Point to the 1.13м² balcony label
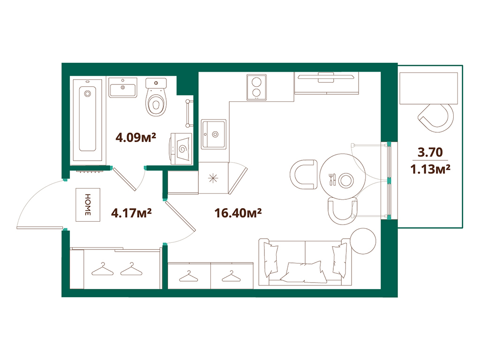point(430,168)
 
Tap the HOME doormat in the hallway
point(87,205)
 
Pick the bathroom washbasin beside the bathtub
point(123,87)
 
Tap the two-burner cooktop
point(256,87)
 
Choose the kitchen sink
point(214,134)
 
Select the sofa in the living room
point(305,262)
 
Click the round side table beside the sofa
point(363,240)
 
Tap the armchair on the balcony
point(435,116)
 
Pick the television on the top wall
point(327,77)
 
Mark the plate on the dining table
point(346,180)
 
